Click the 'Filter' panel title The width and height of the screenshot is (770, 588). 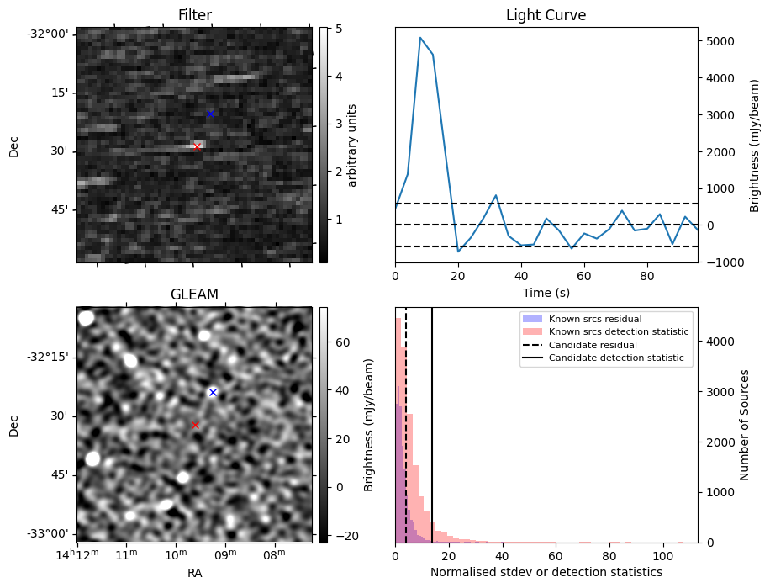[x=195, y=15]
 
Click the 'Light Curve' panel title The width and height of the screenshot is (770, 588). [x=546, y=15]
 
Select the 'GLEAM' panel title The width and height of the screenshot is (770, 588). [x=194, y=294]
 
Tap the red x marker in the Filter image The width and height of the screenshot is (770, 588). [x=198, y=146]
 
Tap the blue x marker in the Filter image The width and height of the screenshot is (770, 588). [x=210, y=114]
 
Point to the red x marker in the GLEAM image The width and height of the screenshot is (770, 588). [x=195, y=425]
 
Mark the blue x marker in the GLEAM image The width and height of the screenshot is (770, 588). [x=213, y=392]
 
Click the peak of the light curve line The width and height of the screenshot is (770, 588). [x=420, y=38]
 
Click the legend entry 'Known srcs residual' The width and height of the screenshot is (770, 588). [x=594, y=319]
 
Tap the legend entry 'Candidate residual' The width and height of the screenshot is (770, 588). [x=594, y=345]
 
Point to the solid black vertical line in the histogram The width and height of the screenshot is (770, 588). [x=432, y=437]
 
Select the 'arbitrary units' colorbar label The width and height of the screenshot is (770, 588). [x=353, y=145]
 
